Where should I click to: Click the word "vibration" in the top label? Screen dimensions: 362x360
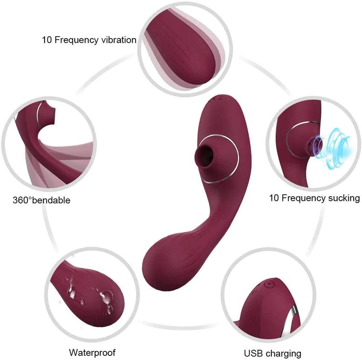coord(119,40)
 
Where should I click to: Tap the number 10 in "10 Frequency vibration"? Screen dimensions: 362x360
coord(47,40)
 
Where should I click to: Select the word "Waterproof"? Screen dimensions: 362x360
coord(92,352)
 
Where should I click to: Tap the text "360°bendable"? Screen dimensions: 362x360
coord(42,200)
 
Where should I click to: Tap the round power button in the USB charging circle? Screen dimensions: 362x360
coord(268,284)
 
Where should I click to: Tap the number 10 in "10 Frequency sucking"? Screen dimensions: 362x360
coord(274,198)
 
